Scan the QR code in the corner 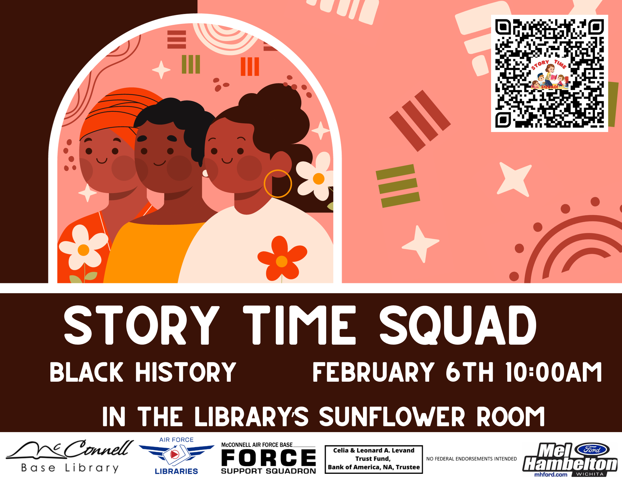pyautogui.click(x=550, y=73)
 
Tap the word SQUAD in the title pyautogui.click(x=458, y=325)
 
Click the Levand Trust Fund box pyautogui.click(x=374, y=459)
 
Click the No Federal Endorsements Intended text pyautogui.click(x=471, y=459)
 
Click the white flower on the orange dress pyautogui.click(x=83, y=248)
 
